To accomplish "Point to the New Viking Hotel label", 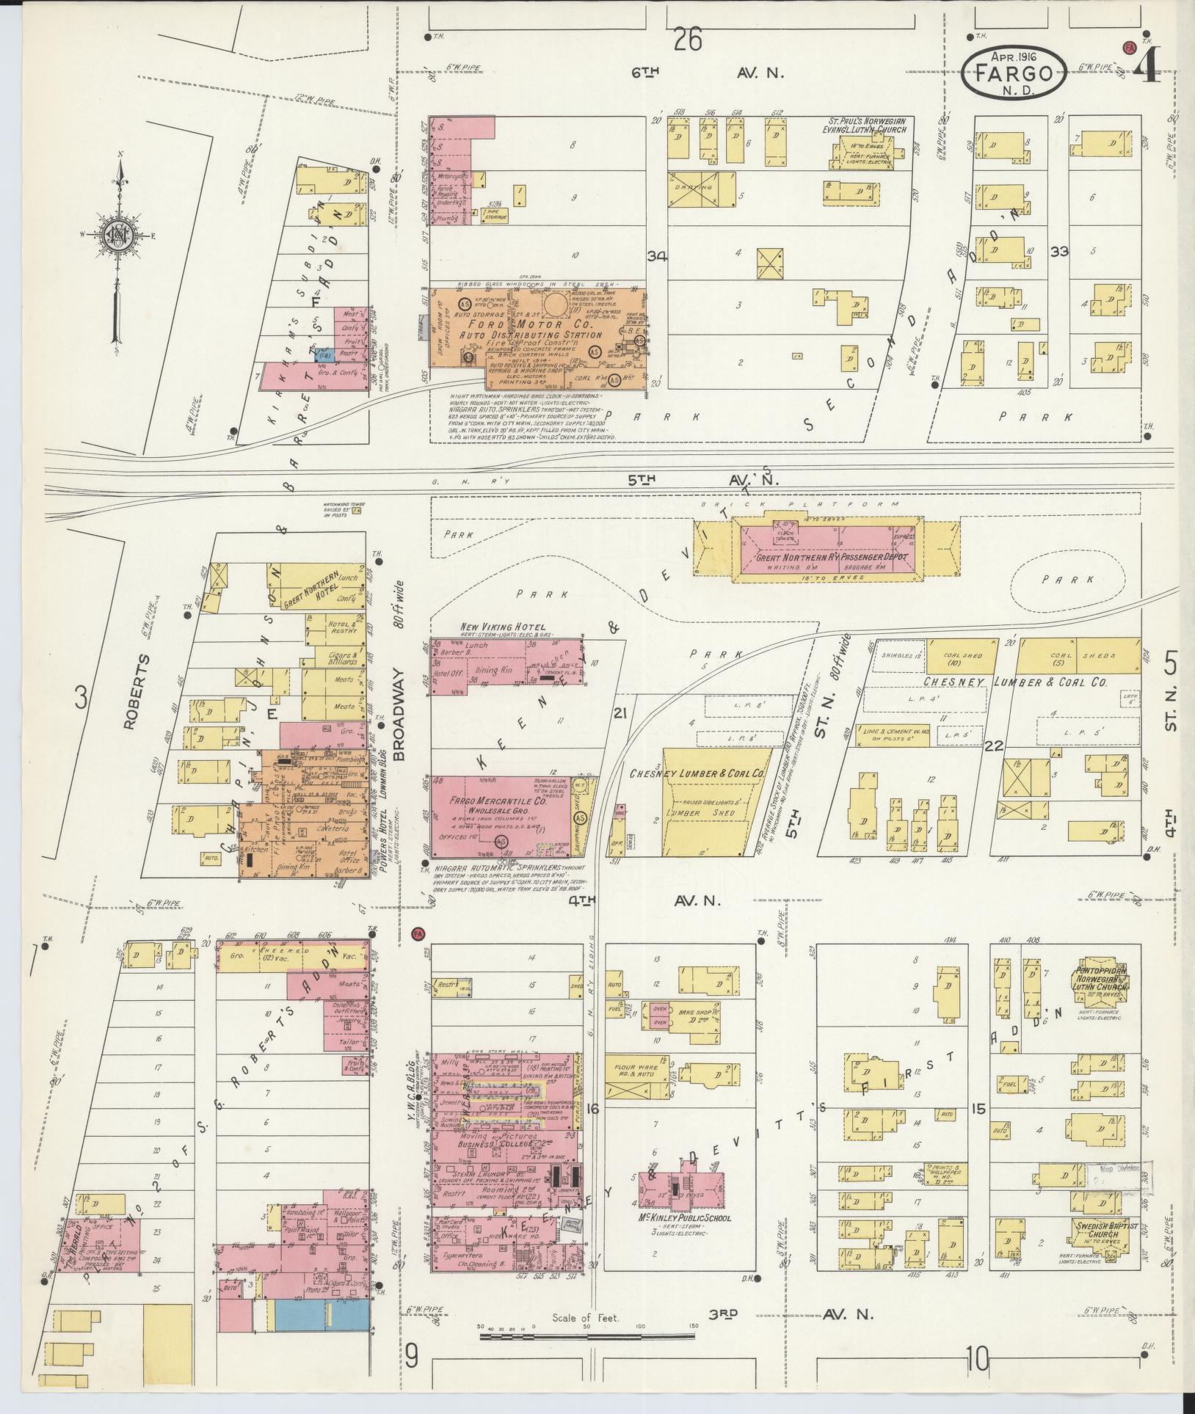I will pos(503,627).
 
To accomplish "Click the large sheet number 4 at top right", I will pos(1147,66).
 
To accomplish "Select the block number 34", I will pos(657,256).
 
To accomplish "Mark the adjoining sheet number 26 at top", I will pos(689,39).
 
